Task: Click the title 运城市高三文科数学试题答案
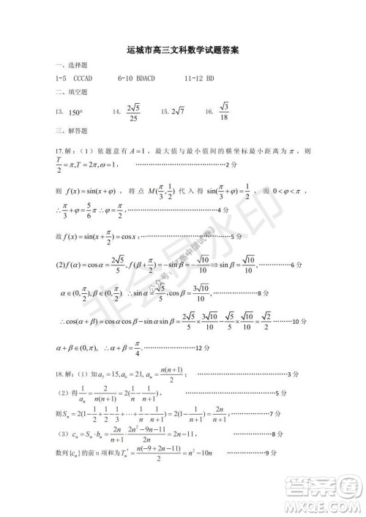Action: [x=183, y=52]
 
